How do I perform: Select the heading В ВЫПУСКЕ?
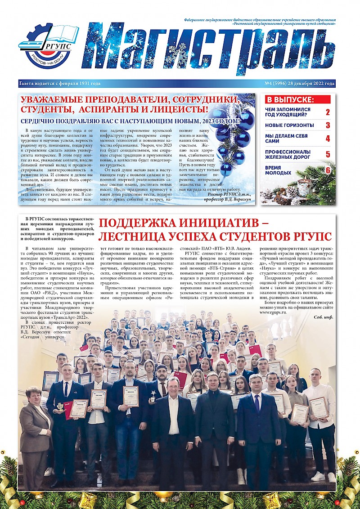(290, 100)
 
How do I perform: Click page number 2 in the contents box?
(328, 112)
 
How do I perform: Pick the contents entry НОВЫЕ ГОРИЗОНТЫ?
(289, 125)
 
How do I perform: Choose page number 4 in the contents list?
(328, 138)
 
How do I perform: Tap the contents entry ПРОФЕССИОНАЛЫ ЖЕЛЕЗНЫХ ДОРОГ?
(288, 154)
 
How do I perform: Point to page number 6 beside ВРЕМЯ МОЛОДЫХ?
(328, 170)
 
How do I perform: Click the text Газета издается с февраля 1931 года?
(60, 84)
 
